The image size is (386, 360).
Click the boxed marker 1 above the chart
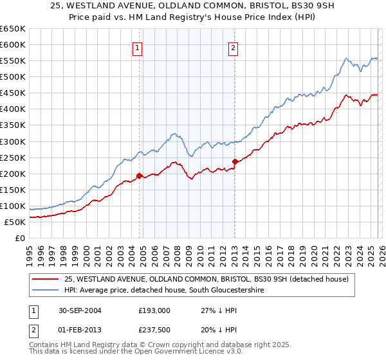[x=138, y=47]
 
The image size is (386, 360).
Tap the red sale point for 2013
[x=235, y=161]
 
